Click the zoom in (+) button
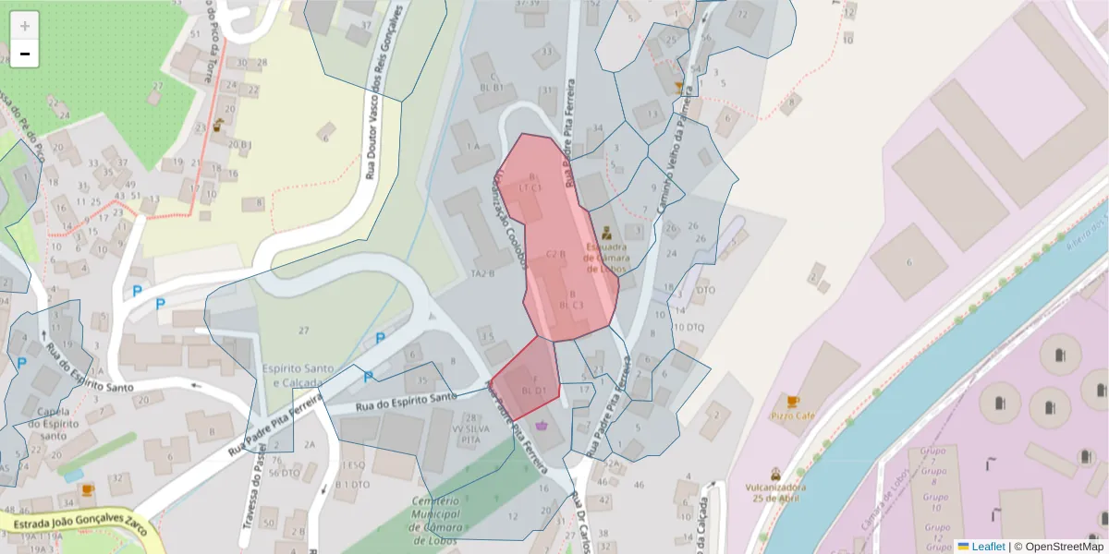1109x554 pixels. click(x=24, y=26)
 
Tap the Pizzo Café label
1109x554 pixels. click(x=792, y=416)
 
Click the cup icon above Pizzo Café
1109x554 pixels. click(x=792, y=402)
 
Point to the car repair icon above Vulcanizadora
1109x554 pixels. click(x=775, y=473)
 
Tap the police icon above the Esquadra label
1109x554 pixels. click(x=606, y=233)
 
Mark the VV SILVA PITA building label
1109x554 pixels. click(x=466, y=435)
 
